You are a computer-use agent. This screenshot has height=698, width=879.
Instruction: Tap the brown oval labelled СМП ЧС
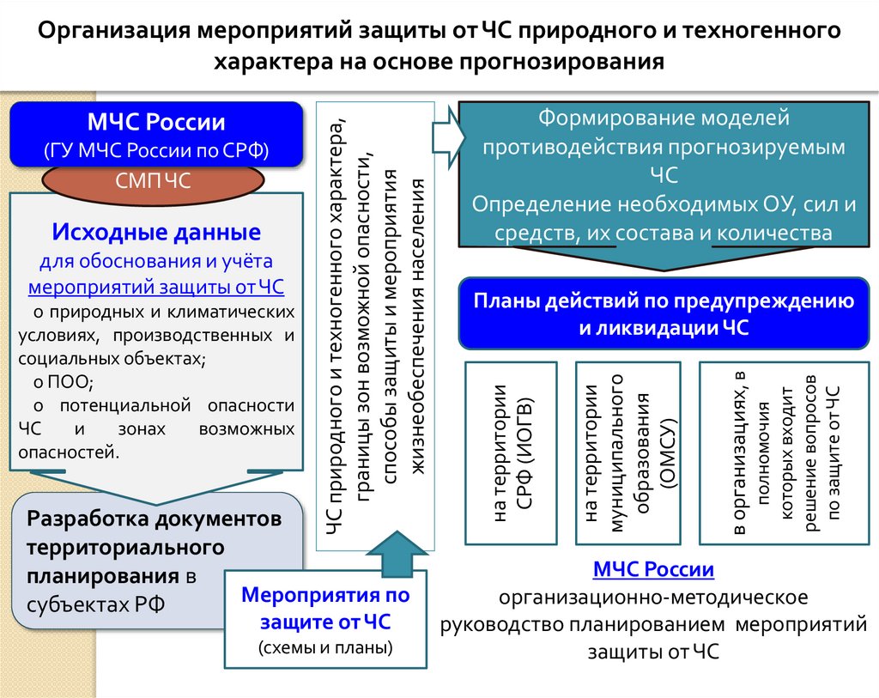click(153, 180)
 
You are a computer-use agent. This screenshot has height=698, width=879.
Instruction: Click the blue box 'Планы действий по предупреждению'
click(663, 314)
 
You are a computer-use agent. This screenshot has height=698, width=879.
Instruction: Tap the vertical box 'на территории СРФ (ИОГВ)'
click(511, 453)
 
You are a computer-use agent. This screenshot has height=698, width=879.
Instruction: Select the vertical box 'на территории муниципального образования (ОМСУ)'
click(628, 453)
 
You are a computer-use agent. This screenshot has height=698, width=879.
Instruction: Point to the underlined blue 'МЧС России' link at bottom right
click(653, 570)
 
